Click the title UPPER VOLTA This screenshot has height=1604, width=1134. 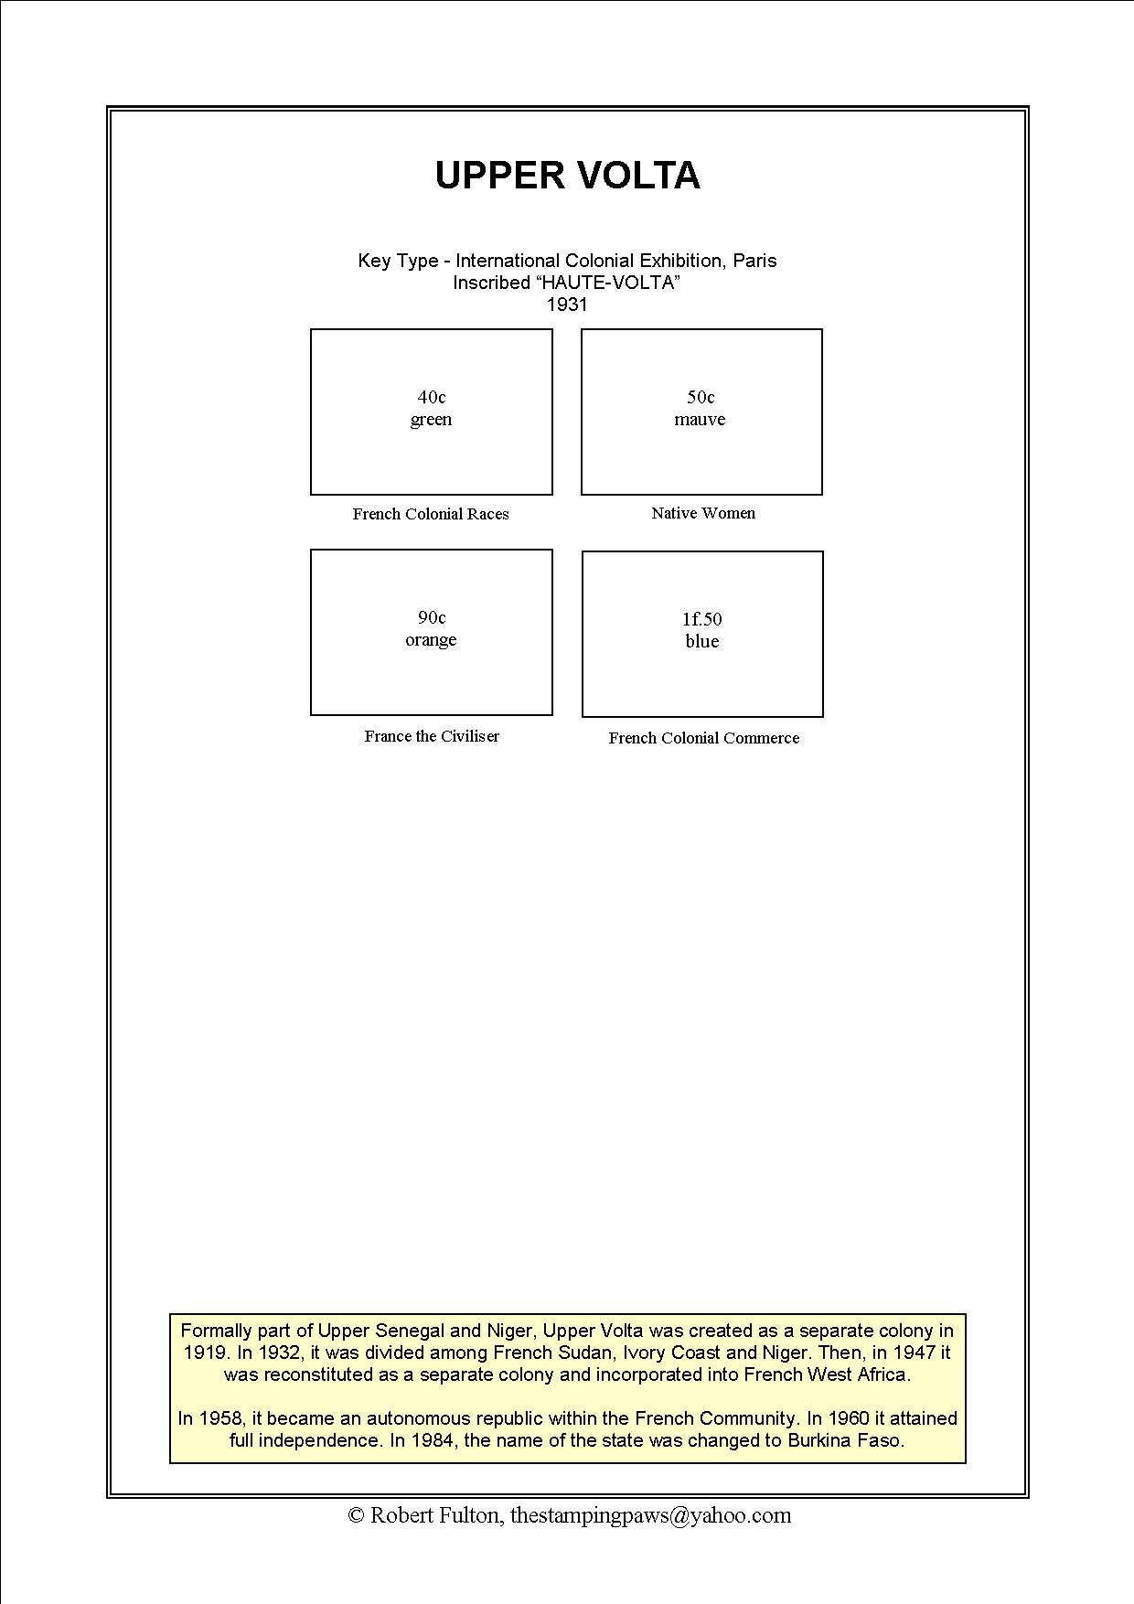coord(567,176)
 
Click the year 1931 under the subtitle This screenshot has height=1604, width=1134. coord(567,305)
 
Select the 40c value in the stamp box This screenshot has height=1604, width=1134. coord(432,397)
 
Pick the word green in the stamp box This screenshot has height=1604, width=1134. coord(431,420)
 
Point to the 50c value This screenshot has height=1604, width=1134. coord(701,397)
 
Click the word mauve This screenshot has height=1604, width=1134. coord(700,420)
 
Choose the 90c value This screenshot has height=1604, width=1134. coord(432,617)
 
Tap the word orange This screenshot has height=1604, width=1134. coord(431,640)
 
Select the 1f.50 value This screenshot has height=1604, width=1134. coord(702,619)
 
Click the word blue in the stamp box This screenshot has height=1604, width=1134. coord(702,642)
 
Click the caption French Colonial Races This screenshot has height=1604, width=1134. coord(431,514)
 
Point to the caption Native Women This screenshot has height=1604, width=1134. coord(703,513)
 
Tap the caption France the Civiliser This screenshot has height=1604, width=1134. coord(432,736)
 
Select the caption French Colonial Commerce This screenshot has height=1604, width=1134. coord(703,738)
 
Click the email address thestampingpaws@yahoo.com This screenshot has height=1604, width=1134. coord(650,1515)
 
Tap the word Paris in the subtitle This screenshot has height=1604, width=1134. coord(754,261)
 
